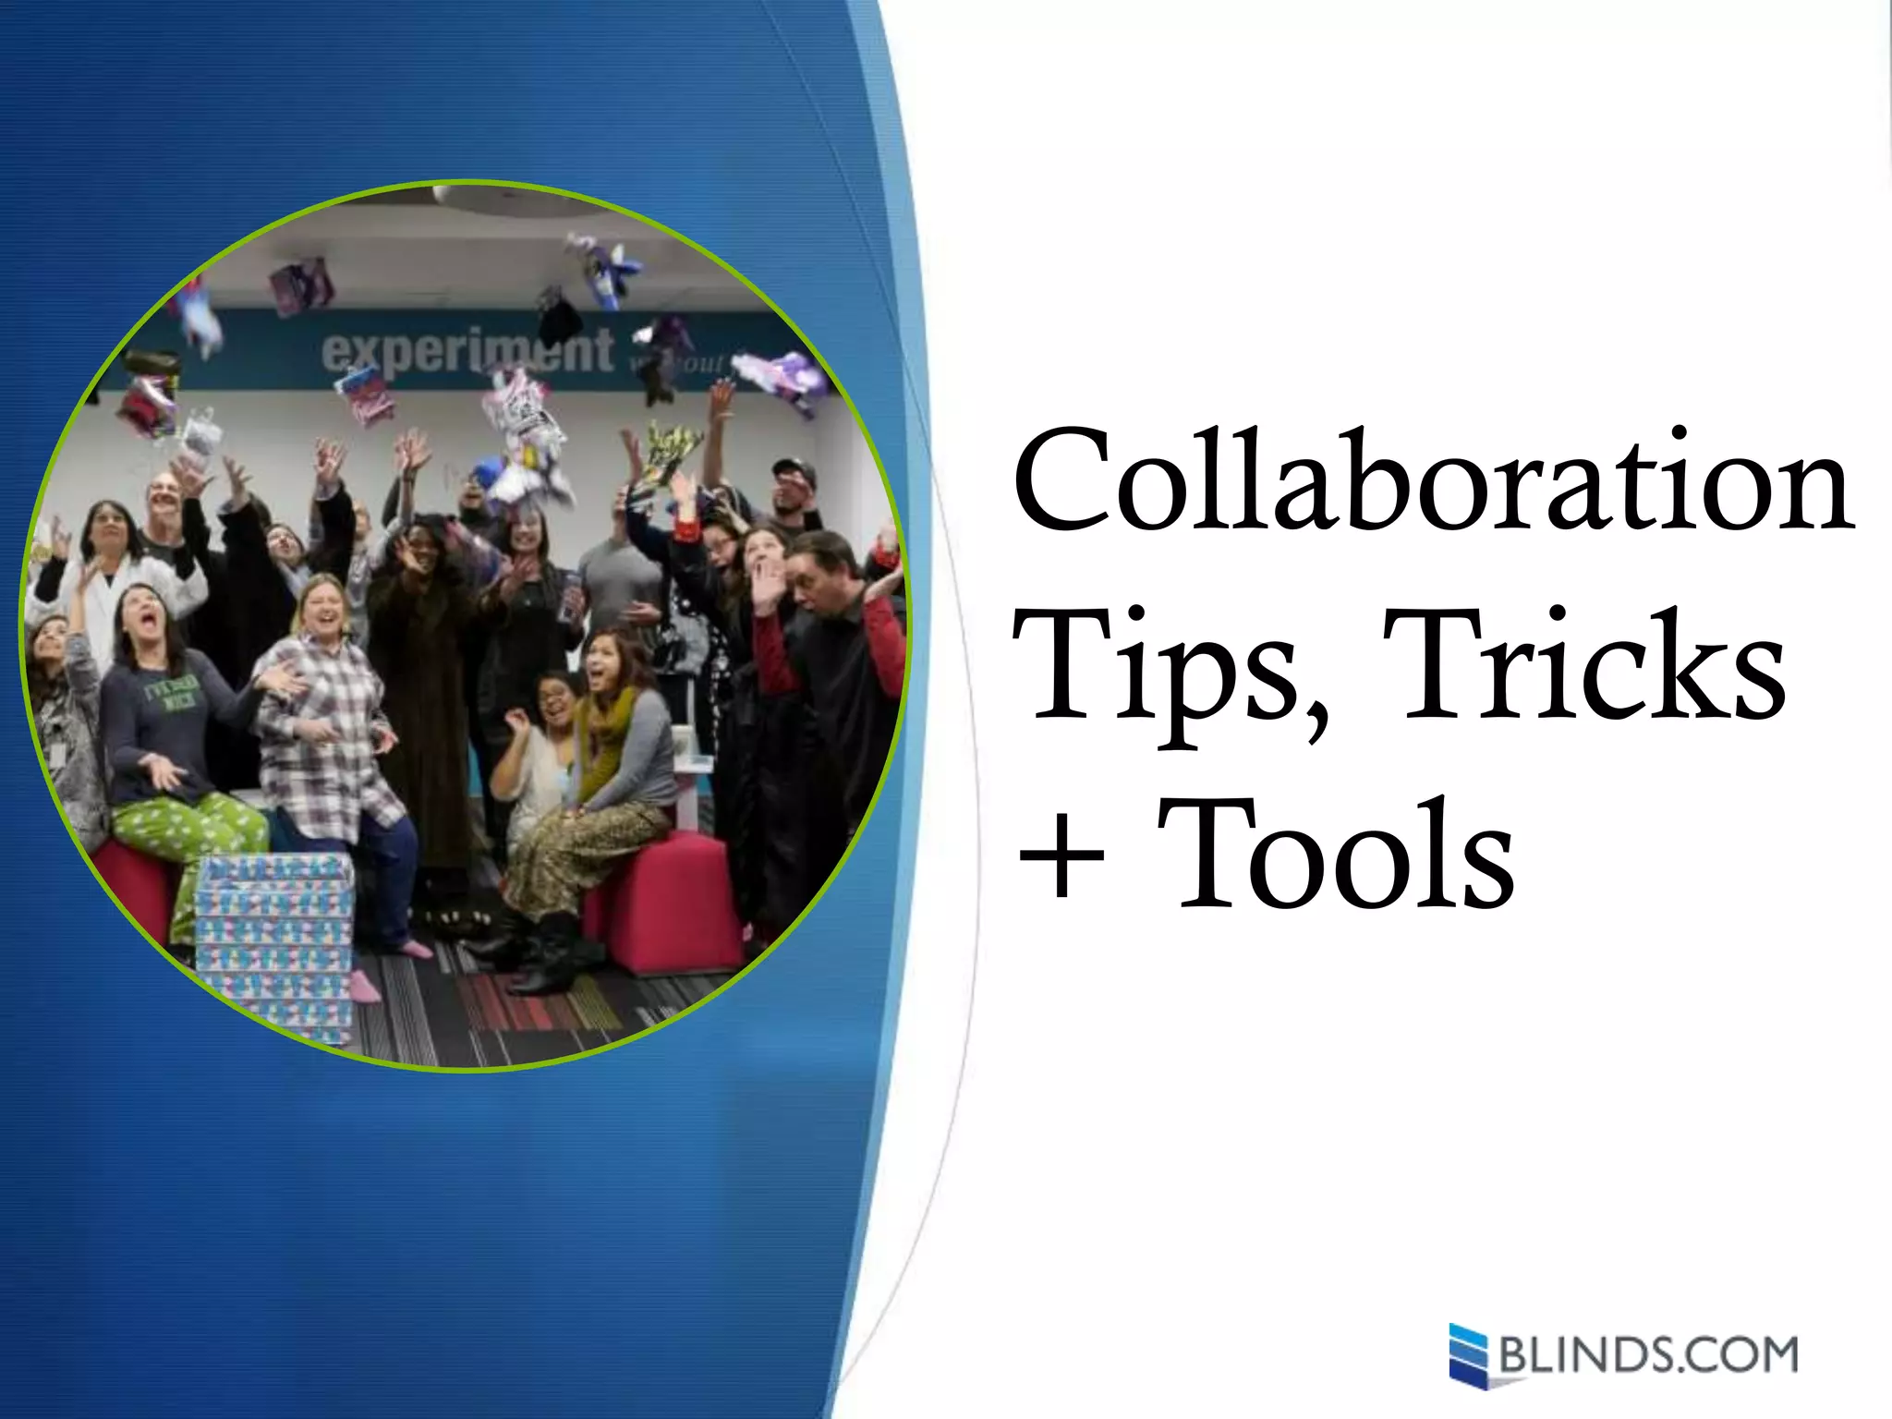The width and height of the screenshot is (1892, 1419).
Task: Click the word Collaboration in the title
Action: (1432, 480)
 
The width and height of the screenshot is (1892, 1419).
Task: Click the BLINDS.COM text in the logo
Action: (1648, 1355)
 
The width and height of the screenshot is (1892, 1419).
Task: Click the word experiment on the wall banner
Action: (467, 351)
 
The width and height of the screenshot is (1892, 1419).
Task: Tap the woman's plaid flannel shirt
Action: (323, 739)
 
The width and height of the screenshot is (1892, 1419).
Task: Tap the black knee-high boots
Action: (545, 952)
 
